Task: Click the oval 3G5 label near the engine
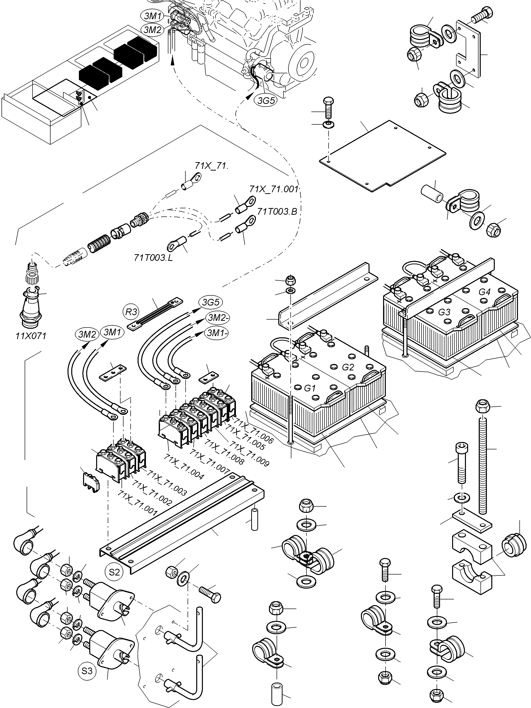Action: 266,100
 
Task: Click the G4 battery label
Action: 484,292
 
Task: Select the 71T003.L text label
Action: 153,258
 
